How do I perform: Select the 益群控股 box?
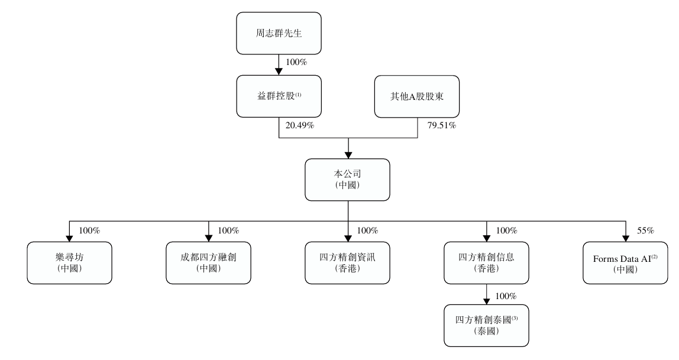279,96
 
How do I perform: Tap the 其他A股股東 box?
417,96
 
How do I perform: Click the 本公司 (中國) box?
348,180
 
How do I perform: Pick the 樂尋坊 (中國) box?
70,263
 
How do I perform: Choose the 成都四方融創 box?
209,263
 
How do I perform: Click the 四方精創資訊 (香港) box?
348,263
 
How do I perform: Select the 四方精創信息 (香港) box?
487,263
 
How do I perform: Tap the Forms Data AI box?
625,263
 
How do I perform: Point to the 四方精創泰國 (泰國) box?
487,325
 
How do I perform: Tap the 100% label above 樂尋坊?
89,231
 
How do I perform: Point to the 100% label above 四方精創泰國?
506,295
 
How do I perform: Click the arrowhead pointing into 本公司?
348,155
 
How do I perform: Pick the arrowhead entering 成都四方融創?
209,238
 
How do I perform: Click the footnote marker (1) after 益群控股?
301,93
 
